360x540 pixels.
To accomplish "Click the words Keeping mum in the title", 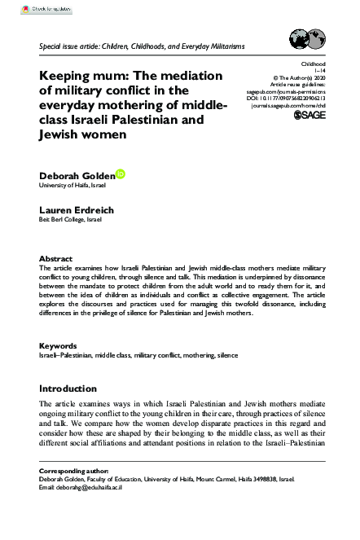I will point(89,75).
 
